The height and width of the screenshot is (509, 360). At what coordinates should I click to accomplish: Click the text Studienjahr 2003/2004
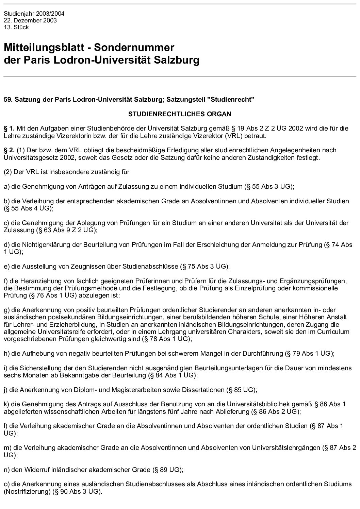[34, 14]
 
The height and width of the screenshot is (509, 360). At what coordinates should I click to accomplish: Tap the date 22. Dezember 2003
[30, 20]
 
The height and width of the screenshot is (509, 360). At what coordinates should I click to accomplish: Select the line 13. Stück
[16, 27]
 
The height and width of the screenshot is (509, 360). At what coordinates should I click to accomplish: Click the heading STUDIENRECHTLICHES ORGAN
[180, 114]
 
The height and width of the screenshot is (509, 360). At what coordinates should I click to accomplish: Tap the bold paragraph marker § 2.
[9, 150]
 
